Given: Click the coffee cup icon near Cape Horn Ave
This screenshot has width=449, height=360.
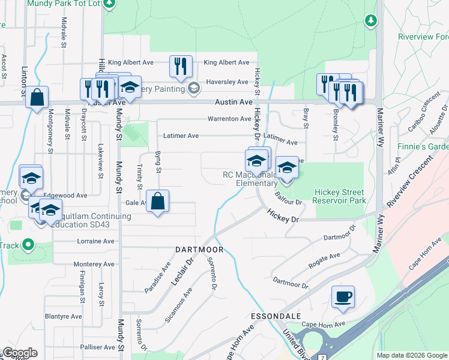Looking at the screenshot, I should coord(343,297).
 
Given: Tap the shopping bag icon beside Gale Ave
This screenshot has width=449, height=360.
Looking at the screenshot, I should coord(157,202).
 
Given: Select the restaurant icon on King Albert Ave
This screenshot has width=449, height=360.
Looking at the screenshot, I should coord(181,66).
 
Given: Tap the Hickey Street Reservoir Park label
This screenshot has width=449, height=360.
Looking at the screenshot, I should coord(340,196).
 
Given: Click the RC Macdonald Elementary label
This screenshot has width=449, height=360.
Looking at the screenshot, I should coord(249,179).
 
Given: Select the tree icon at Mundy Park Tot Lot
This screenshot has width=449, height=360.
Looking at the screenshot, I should coord(109,4).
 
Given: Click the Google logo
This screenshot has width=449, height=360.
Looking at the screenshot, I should coord(20,353).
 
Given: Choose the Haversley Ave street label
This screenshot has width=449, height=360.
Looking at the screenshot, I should coord(227,82).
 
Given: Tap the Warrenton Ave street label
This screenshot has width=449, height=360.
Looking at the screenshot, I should coord(229,119).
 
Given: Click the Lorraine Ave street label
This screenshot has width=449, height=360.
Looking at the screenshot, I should coord(95,241).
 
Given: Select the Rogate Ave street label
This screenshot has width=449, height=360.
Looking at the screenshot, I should coord(324,259).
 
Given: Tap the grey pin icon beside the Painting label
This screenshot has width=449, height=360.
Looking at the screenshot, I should coord(193,89).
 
